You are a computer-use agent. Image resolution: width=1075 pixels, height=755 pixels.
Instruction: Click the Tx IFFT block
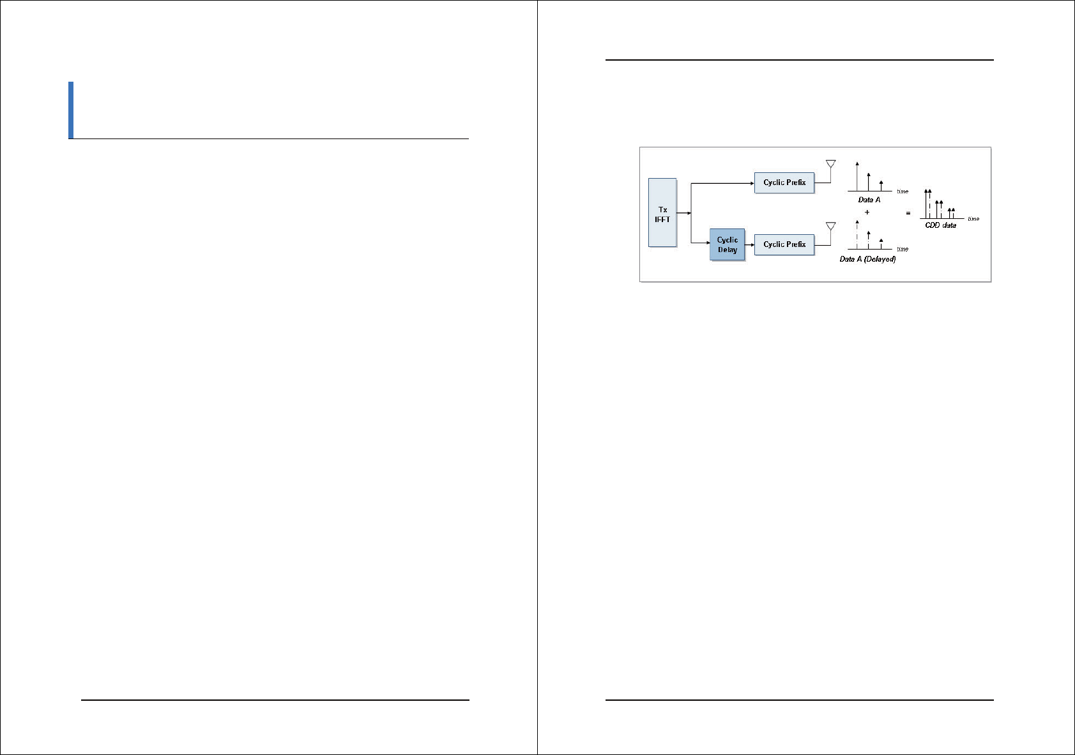[x=662, y=213]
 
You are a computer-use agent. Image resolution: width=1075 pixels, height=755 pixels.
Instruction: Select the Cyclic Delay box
[x=728, y=244]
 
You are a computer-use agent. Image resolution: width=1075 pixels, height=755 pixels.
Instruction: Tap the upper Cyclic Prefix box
[x=784, y=183]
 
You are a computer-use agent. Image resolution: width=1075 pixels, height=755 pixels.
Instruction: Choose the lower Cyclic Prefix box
[x=784, y=244]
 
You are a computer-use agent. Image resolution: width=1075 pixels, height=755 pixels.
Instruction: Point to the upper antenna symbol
[x=830, y=164]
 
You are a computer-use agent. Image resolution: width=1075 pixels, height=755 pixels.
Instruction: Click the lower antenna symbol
[x=830, y=226]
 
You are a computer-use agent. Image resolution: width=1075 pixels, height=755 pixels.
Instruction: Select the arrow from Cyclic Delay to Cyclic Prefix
[x=750, y=244]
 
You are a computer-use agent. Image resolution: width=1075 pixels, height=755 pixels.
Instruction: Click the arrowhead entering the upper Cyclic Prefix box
[x=752, y=183]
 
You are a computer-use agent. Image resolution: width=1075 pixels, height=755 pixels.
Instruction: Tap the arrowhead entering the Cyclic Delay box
[x=708, y=243]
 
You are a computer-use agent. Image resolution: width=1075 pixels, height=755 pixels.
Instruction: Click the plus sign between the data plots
[x=867, y=212]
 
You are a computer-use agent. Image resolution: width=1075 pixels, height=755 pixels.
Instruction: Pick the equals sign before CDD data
[x=908, y=213]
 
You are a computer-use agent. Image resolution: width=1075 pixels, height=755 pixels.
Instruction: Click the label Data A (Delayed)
[x=867, y=259]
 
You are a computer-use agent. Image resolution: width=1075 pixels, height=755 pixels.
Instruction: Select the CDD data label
[x=940, y=225]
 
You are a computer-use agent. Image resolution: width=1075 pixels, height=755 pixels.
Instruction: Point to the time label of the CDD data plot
[x=973, y=219]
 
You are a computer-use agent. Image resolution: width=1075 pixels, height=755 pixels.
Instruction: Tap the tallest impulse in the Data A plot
[x=857, y=176]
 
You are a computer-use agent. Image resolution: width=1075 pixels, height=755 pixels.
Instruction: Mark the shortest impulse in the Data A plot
[x=881, y=186]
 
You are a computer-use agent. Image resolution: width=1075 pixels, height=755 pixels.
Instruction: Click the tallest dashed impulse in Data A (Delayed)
[x=857, y=235]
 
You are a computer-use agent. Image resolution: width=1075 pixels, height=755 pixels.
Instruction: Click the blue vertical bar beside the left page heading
[x=71, y=110]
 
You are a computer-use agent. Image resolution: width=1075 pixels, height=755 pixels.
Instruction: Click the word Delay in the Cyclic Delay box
[x=728, y=250]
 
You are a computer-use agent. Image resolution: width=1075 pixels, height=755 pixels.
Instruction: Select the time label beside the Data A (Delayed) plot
[x=903, y=249]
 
